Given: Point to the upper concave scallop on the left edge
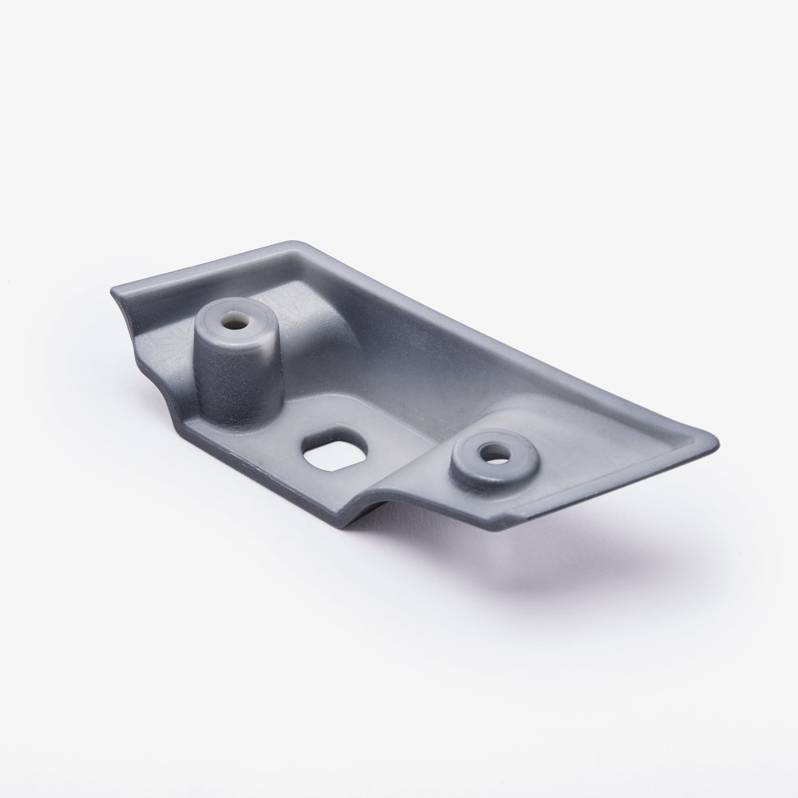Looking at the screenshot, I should coord(126,319).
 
